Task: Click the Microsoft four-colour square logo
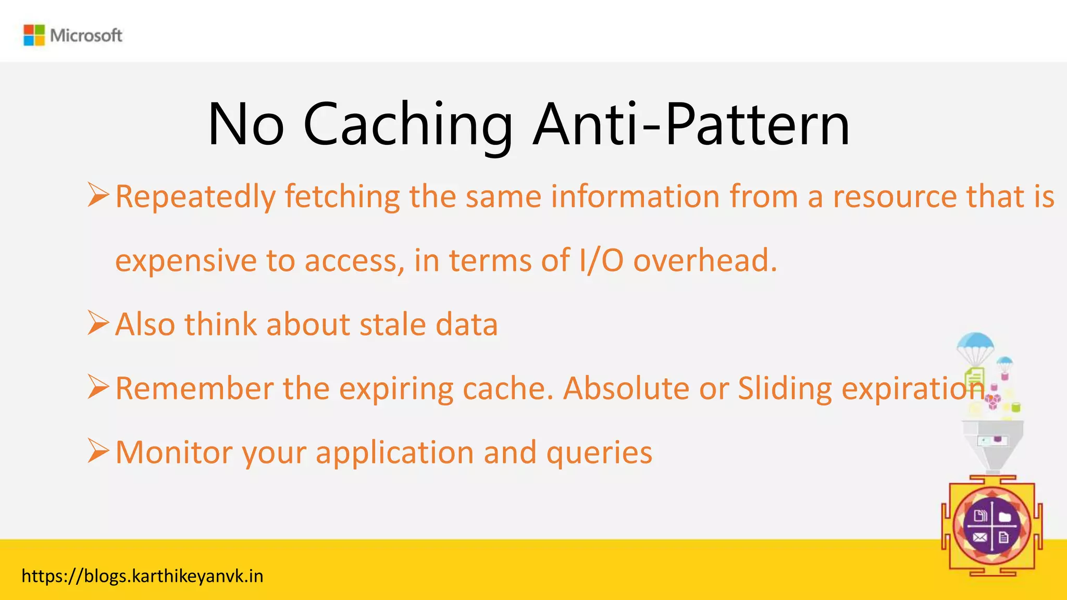[34, 35]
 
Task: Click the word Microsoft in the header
[86, 35]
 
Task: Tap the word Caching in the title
[407, 126]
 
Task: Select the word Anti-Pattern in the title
[691, 126]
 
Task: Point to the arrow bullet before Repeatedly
[98, 195]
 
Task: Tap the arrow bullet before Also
[98, 322]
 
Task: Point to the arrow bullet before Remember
[98, 386]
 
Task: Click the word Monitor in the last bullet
[173, 452]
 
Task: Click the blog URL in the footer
[142, 576]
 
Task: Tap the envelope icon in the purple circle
[980, 537]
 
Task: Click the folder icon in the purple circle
[1005, 517]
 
